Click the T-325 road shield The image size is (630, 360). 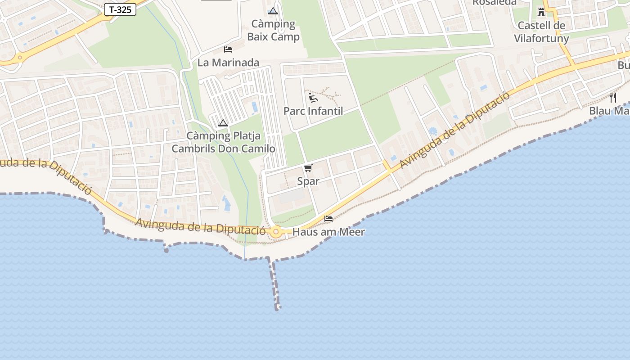pos(120,9)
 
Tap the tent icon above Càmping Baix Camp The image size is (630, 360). pos(273,11)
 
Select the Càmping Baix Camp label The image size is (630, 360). pos(273,30)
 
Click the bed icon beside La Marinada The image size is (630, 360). pos(228,49)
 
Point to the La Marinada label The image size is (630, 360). pos(228,63)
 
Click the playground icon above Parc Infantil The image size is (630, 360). pos(313,97)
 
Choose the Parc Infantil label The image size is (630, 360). pos(313,111)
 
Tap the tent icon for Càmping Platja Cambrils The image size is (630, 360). pos(223,123)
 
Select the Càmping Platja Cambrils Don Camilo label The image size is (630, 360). pos(223,142)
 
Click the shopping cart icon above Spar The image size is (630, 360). pos(308,168)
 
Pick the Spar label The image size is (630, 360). pos(308,181)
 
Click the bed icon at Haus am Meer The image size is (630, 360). pos(328,219)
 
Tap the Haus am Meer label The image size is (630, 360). pos(328,232)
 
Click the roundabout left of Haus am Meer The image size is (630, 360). pos(276,232)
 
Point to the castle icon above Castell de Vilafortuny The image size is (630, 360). pos(541,12)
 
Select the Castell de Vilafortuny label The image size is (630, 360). pos(541,31)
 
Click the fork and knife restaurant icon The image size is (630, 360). pos(612,97)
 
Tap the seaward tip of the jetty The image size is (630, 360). pos(278,308)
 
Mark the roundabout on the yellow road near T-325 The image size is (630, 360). pos(19,58)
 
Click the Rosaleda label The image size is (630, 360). pos(494,2)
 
